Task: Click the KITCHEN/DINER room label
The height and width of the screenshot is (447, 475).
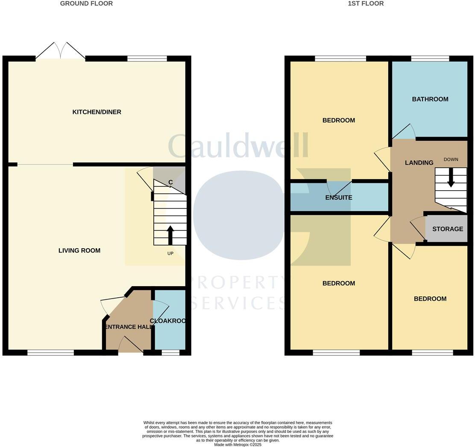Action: pos(97,112)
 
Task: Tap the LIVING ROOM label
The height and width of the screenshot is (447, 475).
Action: pos(79,250)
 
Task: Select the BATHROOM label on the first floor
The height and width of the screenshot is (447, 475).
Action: pos(430,99)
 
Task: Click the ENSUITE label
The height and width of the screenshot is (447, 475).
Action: pos(339,197)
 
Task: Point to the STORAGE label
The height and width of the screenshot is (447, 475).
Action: pos(448,229)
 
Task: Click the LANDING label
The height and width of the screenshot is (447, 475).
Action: pos(419,163)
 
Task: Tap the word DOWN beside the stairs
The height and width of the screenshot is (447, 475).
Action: pos(451,160)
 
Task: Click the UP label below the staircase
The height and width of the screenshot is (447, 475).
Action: pos(170,253)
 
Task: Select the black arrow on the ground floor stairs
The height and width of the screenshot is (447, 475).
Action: pos(170,234)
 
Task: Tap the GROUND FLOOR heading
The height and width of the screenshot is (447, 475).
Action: pos(86,3)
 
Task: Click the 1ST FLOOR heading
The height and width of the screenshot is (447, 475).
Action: pos(366,3)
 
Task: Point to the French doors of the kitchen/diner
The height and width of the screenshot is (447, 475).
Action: pos(60,51)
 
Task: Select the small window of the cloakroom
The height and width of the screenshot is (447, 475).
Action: pos(170,352)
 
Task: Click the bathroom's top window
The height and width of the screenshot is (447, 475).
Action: pos(430,58)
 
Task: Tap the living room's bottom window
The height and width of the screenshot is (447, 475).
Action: pos(50,352)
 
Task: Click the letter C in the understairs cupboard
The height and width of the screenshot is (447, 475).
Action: pos(170,183)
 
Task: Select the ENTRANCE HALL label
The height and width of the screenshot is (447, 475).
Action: pos(129,327)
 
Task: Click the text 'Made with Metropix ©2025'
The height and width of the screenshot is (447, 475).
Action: pos(237,444)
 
